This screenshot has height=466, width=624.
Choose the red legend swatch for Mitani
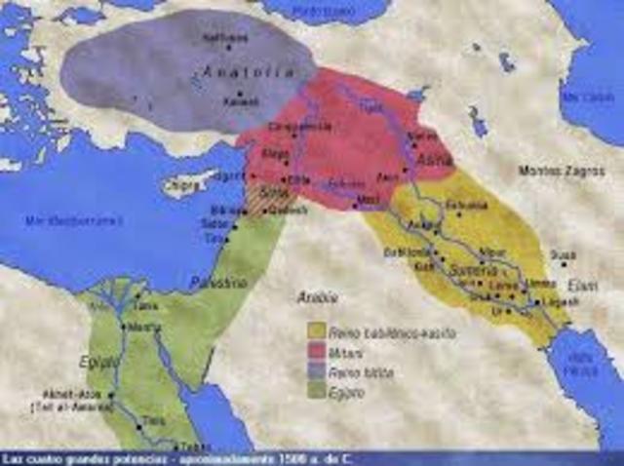click(315, 348)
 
